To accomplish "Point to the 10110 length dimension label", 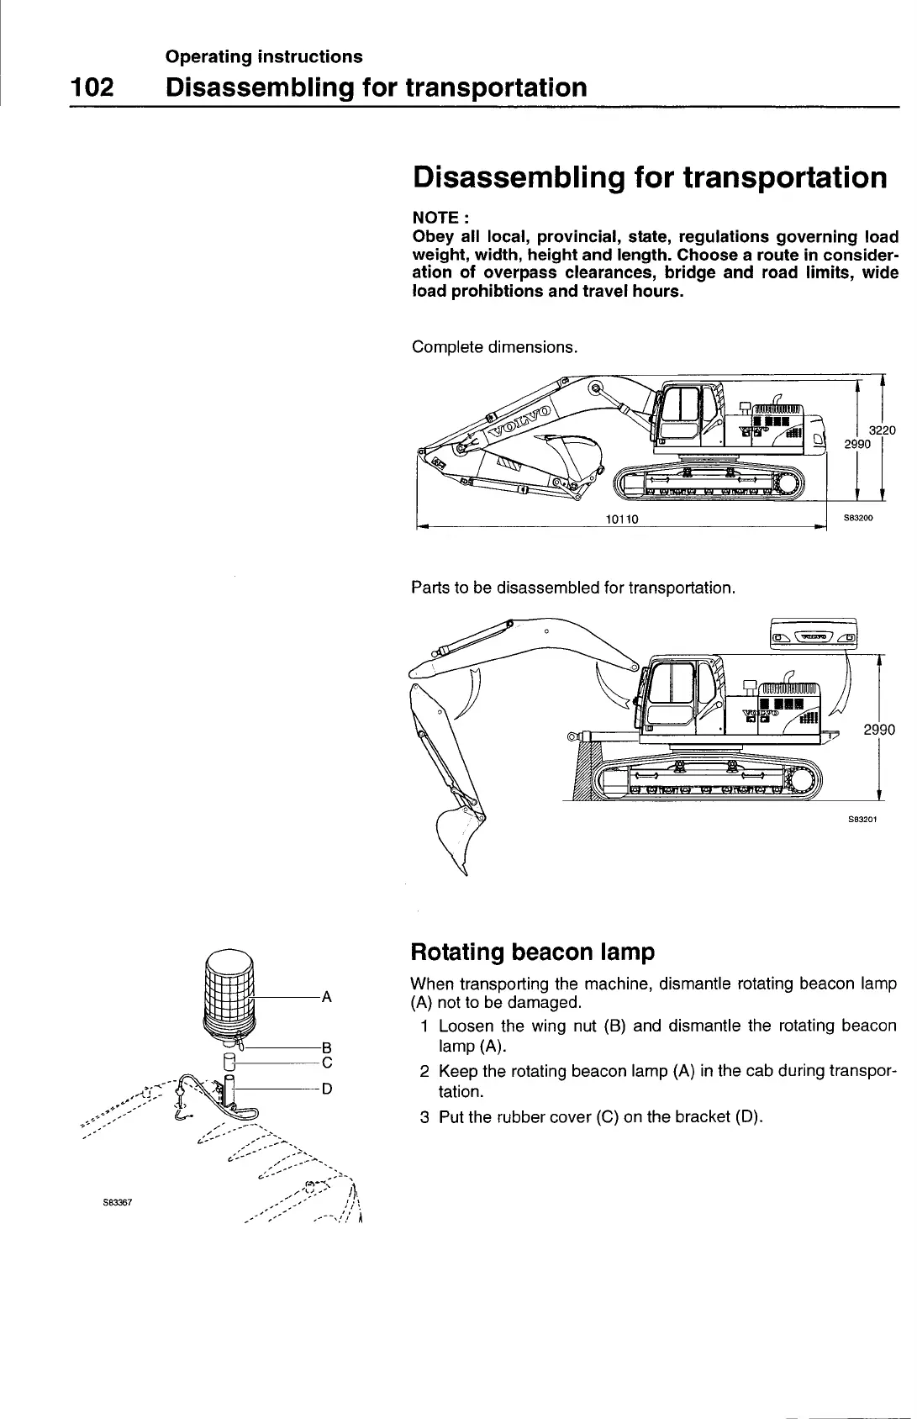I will pos(622,519).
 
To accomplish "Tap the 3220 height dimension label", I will pos(883,430).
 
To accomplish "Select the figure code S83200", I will pos(859,519).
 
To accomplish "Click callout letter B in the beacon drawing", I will pos(328,1047).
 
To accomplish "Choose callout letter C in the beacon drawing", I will pos(328,1063).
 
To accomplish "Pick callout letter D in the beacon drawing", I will pos(328,1089).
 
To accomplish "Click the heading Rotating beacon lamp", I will pos(532,952).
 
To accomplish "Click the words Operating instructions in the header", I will pos(264,56).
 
